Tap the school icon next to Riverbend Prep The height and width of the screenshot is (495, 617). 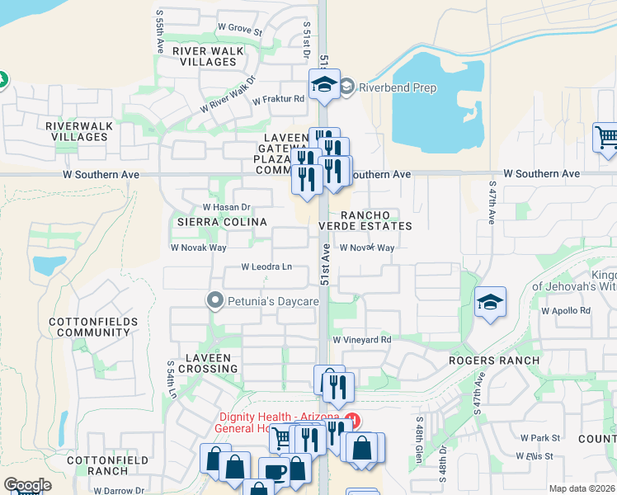tap(325, 84)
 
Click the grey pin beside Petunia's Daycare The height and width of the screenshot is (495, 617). tap(215, 301)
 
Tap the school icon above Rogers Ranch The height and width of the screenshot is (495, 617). tap(490, 303)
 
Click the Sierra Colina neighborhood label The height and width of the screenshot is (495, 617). tap(217, 222)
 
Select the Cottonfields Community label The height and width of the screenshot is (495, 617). tap(90, 326)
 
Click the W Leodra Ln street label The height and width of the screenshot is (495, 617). tap(266, 266)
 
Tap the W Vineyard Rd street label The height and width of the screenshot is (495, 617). tap(361, 339)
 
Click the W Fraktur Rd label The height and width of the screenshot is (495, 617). tap(279, 99)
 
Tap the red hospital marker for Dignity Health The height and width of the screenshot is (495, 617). tap(353, 419)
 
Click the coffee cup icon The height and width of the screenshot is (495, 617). tap(274, 472)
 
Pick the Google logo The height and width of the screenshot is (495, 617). tap(27, 485)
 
